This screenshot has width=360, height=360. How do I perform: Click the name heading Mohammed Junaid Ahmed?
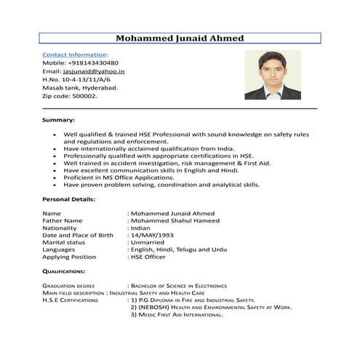tap(180, 38)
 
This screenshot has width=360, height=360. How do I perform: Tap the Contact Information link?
tap(74, 55)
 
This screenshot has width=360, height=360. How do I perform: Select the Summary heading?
tap(59, 119)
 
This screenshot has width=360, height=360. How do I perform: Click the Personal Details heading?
tap(69, 199)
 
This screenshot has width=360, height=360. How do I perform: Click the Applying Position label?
tap(69, 257)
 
